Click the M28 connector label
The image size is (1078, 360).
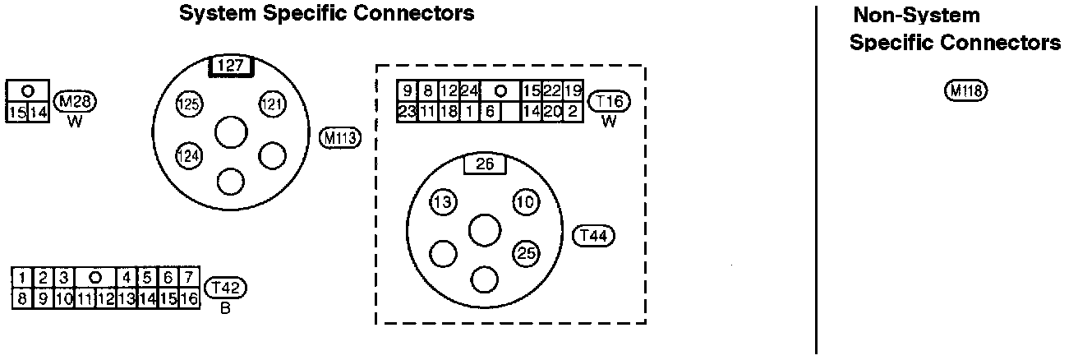click(x=76, y=102)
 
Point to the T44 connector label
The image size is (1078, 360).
click(x=593, y=236)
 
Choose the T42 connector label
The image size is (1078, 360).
click(x=225, y=287)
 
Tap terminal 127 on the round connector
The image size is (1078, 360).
click(x=232, y=65)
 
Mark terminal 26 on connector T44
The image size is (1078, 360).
click(x=485, y=164)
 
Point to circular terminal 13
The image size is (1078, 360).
click(x=444, y=202)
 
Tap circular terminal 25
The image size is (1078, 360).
click(x=526, y=253)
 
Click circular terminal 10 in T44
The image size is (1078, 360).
click(x=526, y=202)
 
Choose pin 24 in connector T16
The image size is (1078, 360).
click(x=470, y=91)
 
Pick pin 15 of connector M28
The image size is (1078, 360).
click(x=16, y=113)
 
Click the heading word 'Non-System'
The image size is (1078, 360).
click(x=916, y=15)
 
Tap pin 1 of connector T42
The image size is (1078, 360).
click(x=24, y=277)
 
